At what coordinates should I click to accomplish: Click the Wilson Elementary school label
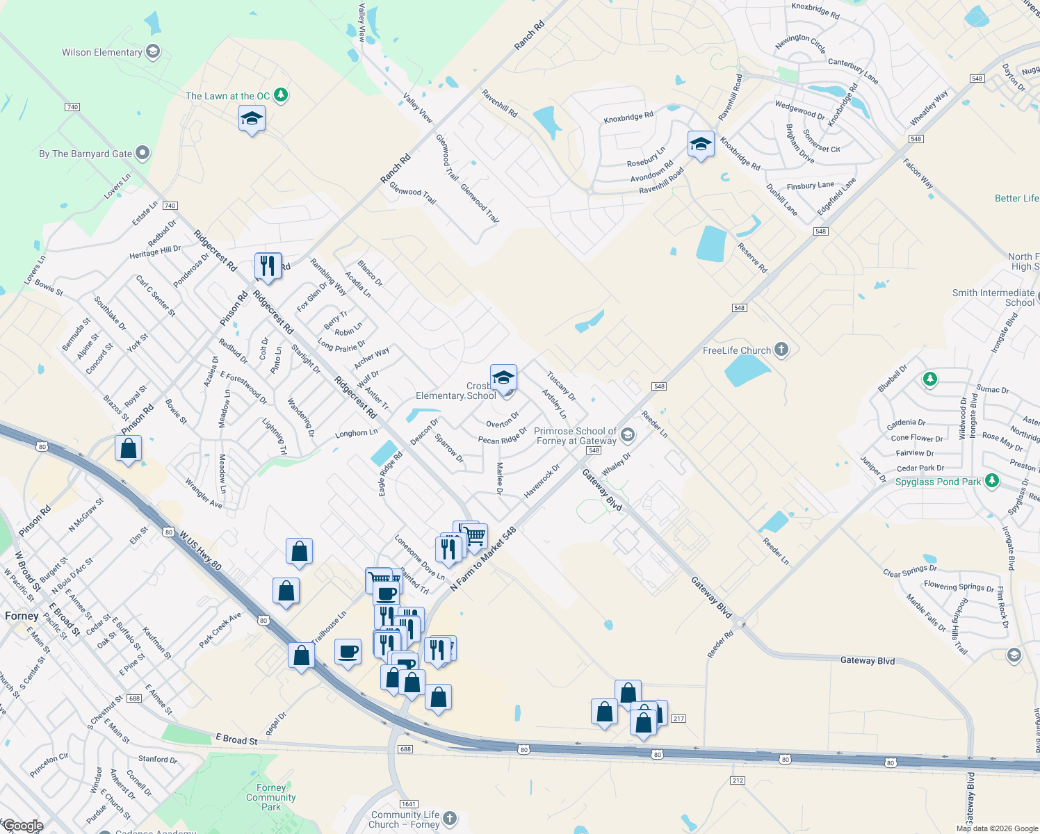tap(102, 52)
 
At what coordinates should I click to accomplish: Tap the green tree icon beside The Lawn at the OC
tap(281, 95)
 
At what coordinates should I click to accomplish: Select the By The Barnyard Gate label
tap(86, 154)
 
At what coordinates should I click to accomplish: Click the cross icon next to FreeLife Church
tap(781, 350)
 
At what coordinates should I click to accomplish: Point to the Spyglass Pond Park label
tap(938, 482)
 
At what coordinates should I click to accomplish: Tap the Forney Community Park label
tap(271, 797)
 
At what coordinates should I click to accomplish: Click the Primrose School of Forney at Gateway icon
tap(628, 436)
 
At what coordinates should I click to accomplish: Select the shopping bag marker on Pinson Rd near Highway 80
tap(129, 450)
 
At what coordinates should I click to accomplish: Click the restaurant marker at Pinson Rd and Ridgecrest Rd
tap(268, 265)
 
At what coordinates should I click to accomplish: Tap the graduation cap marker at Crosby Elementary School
tap(503, 378)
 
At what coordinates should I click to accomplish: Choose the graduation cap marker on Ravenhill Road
tap(701, 145)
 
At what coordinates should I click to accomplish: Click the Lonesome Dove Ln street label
tap(420, 557)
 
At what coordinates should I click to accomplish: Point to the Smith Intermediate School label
tap(993, 297)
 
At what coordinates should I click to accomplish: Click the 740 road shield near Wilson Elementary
tap(72, 107)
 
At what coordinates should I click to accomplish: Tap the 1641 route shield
tap(409, 804)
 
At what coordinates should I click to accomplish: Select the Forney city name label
tap(22, 616)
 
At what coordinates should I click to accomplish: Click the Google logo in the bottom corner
tap(22, 826)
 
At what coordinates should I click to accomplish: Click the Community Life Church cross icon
tap(450, 818)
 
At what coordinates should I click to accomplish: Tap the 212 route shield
tap(738, 780)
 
